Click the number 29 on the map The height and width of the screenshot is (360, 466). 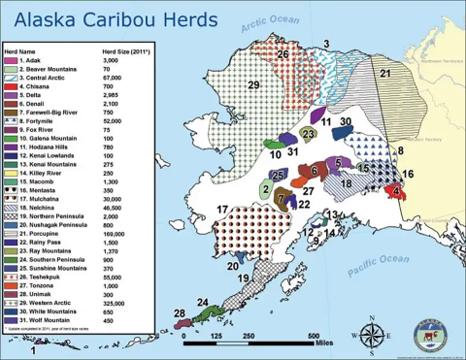pyautogui.click(x=254, y=87)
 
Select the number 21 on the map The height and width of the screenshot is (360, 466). pyautogui.click(x=384, y=74)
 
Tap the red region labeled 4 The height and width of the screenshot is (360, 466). pyautogui.click(x=398, y=192)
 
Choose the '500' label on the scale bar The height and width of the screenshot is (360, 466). pyautogui.click(x=315, y=336)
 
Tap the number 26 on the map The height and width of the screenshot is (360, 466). pyautogui.click(x=283, y=55)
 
